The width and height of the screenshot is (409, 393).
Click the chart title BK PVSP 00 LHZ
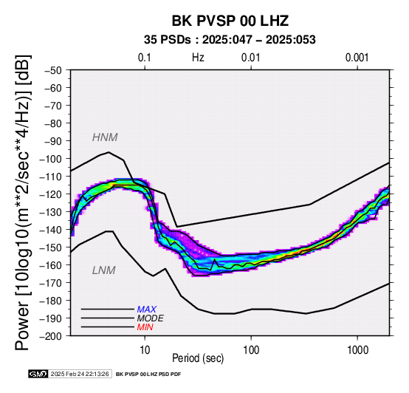pyautogui.click(x=230, y=21)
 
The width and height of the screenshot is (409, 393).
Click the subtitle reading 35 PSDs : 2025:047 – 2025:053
pyautogui.click(x=230, y=40)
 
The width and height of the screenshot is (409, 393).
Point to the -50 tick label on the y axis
pyautogui.click(x=53, y=70)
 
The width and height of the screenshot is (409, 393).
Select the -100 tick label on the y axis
pyautogui.click(x=50, y=159)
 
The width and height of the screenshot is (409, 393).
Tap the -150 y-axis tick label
pyautogui.click(x=50, y=247)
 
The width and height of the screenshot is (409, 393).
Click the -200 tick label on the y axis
pyautogui.click(x=50, y=336)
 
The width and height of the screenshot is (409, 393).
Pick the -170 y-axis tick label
pyautogui.click(x=50, y=283)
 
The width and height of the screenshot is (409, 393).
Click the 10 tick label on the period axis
pyautogui.click(x=145, y=350)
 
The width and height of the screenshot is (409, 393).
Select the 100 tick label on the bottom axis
pyautogui.click(x=251, y=350)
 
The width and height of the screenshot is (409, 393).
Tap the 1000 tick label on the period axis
pyautogui.click(x=357, y=350)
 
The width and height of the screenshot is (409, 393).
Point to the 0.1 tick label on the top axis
pyautogui.click(x=145, y=58)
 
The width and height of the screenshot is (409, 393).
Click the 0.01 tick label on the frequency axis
pyautogui.click(x=251, y=58)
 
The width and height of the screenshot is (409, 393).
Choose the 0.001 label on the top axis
pyautogui.click(x=357, y=58)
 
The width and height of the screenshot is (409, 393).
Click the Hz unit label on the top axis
pyautogui.click(x=198, y=58)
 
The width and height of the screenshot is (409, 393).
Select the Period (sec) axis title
pyautogui.click(x=198, y=358)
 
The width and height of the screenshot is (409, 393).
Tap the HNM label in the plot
pyautogui.click(x=105, y=137)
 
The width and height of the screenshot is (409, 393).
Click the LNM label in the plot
pyautogui.click(x=104, y=270)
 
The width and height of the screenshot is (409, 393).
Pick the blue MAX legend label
pyautogui.click(x=147, y=310)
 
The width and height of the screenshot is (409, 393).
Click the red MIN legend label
pyautogui.click(x=145, y=327)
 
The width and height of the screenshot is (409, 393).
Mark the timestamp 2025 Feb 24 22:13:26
pyautogui.click(x=80, y=375)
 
